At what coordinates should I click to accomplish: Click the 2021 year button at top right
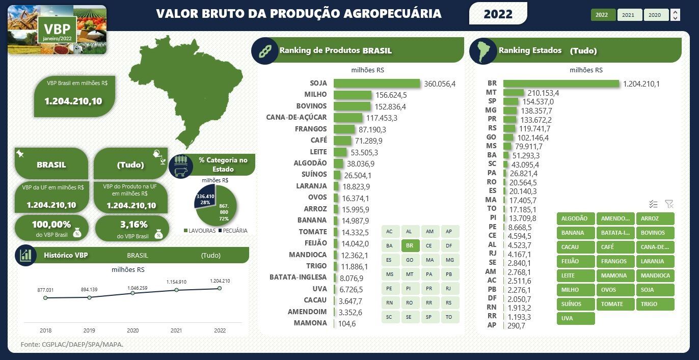point(628,15)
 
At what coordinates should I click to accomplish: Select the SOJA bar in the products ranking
point(377,83)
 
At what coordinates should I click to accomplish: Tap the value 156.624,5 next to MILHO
point(391,95)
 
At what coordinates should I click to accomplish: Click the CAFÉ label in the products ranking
point(318,140)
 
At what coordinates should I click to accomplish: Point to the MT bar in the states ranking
point(514,92)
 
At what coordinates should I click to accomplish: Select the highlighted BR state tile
point(410,245)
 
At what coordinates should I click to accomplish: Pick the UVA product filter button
point(575,318)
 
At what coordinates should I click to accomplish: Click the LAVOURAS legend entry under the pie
point(199,231)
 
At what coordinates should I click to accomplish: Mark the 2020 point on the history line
point(132,293)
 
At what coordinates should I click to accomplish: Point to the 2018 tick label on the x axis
point(45,330)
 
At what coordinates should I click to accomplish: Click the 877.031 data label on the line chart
point(45,290)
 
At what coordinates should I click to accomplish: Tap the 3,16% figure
point(134,225)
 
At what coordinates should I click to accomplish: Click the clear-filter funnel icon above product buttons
point(669,204)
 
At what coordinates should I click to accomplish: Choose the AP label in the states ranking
point(492,325)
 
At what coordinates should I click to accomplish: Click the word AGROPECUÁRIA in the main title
point(387,14)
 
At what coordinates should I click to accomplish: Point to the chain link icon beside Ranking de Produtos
point(264,50)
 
